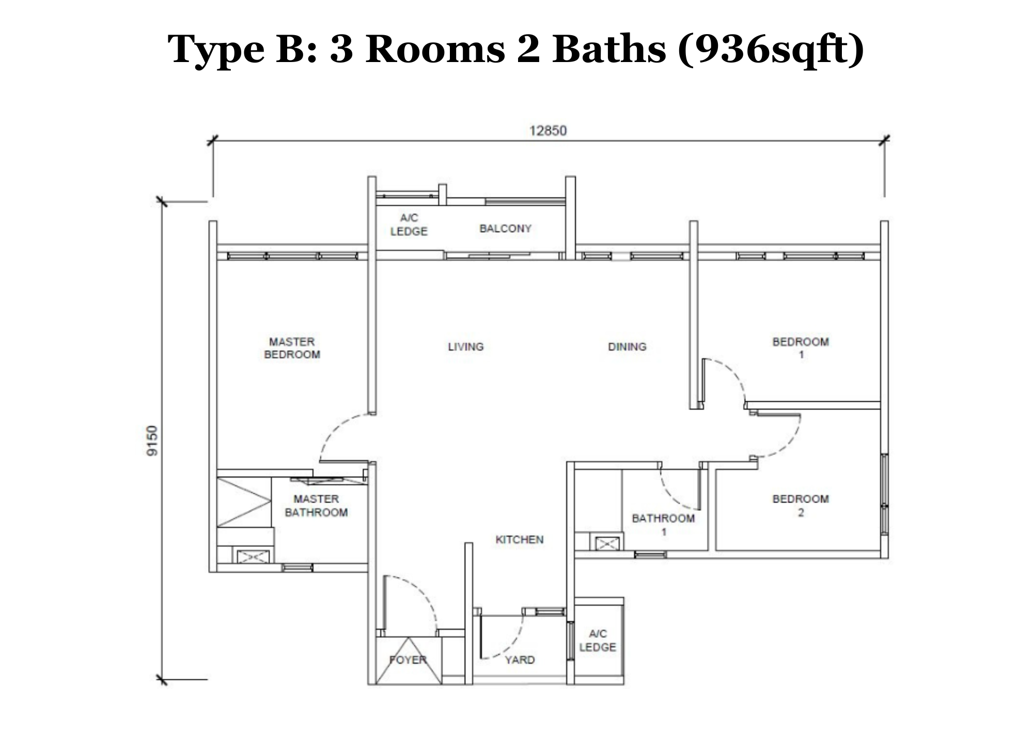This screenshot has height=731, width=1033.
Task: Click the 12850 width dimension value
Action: tap(547, 130)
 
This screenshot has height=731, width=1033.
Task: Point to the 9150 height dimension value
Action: tap(152, 440)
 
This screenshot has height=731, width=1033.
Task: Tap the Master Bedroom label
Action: tap(292, 348)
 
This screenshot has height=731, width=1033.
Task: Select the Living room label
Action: tap(465, 346)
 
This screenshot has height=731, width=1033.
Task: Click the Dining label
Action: tap(627, 346)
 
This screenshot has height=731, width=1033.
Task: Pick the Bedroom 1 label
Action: tap(801, 348)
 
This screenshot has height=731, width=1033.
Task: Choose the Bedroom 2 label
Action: tap(801, 506)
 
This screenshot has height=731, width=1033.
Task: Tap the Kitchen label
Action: tap(519, 540)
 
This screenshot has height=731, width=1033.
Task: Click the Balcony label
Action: tap(505, 229)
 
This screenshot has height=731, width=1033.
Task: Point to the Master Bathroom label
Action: tap(316, 506)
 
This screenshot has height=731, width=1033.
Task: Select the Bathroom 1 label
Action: tap(663, 524)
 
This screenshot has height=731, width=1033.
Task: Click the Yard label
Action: tap(520, 660)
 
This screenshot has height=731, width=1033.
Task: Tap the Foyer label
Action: tap(408, 660)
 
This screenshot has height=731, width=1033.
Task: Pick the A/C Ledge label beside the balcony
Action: tap(409, 224)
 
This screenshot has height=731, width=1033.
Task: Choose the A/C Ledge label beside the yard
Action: tap(598, 641)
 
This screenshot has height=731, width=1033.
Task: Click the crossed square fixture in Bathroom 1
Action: tap(607, 543)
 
